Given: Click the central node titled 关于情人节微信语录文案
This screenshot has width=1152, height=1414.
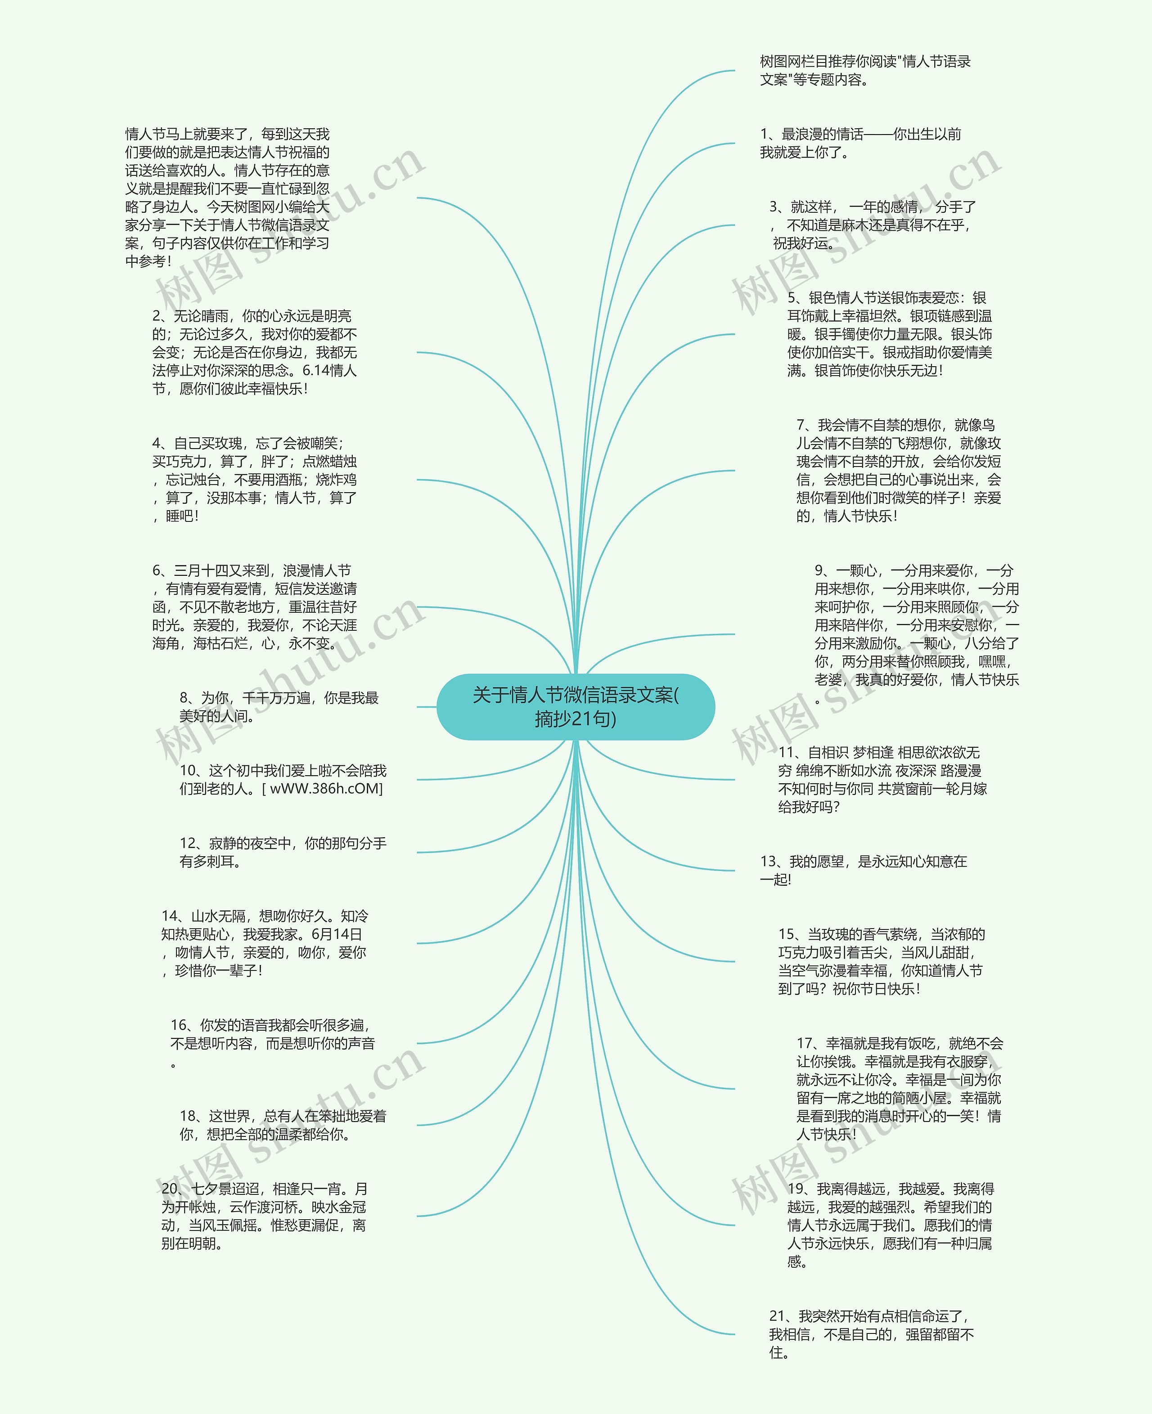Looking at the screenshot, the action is tap(576, 707).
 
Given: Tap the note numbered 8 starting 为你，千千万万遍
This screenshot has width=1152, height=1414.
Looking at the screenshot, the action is tap(279, 707).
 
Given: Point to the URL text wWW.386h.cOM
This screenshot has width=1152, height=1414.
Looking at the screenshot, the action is tap(326, 788).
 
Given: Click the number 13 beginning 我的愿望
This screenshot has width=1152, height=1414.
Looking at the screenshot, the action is tap(769, 861).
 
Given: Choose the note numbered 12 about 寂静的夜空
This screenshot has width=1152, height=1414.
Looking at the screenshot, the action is tap(283, 852).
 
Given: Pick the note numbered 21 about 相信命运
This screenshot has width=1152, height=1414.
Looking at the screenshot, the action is tap(871, 1334).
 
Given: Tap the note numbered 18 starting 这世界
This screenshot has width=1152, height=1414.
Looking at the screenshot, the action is tap(283, 1125).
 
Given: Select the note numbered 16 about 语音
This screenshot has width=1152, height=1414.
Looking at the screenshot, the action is tap(272, 1043).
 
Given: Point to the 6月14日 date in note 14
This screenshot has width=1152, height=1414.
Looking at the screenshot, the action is tap(337, 934).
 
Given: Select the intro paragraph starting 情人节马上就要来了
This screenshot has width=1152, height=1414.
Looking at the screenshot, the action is tap(228, 198).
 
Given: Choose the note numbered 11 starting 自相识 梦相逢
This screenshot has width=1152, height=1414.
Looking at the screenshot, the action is tap(882, 779).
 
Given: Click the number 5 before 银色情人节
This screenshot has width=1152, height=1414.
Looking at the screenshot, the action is tap(792, 298).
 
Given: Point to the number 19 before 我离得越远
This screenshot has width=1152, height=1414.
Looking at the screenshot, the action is tap(796, 1189).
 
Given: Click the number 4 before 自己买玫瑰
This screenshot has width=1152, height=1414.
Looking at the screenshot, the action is tap(157, 443).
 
